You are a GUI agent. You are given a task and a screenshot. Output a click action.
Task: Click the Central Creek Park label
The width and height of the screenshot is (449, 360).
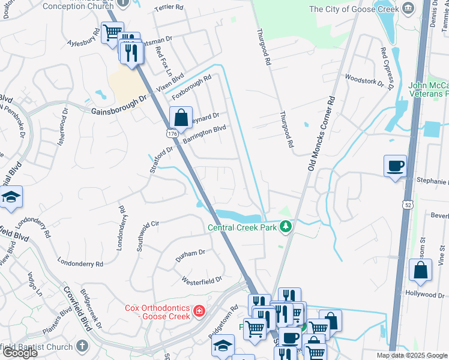pyautogui.click(x=243, y=227)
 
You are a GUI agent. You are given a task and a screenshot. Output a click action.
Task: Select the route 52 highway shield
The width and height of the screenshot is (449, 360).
pyautogui.click(x=407, y=205)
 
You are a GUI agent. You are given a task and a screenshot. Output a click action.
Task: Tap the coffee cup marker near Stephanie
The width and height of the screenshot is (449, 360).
pyautogui.click(x=395, y=166)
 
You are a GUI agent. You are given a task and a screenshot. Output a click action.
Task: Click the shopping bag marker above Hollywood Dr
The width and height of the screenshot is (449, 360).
pyautogui.click(x=420, y=270)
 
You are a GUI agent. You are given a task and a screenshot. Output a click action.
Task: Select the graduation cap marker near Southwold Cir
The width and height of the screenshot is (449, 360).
pyautogui.click(x=11, y=198)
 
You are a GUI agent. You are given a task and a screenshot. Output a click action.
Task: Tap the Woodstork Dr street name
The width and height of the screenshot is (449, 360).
pyautogui.click(x=364, y=80)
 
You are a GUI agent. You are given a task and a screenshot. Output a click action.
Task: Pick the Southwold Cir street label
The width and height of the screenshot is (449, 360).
pyautogui.click(x=148, y=235)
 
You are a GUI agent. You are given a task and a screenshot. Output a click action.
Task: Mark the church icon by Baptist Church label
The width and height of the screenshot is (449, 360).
pyautogui.click(x=82, y=347)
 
